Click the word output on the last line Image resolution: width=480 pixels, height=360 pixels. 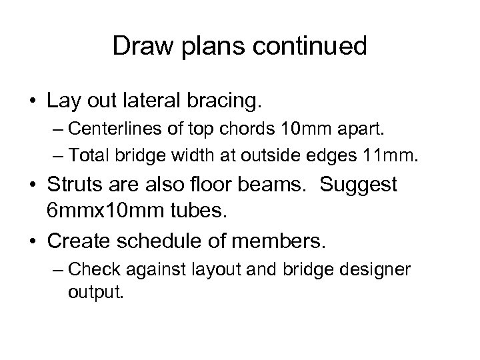(95, 292)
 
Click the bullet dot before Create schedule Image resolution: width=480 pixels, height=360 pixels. (31, 241)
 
